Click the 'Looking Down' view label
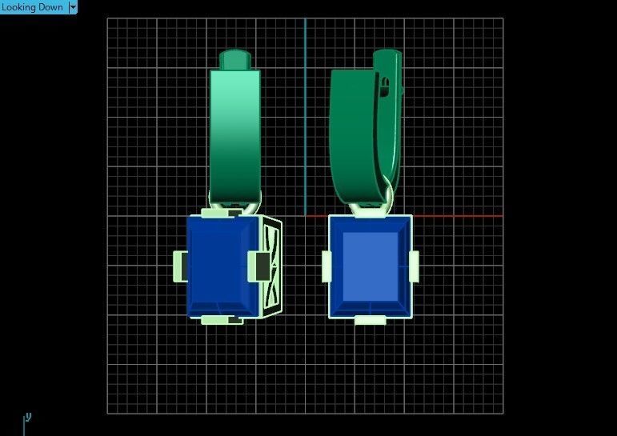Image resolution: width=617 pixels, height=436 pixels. pos(32,7)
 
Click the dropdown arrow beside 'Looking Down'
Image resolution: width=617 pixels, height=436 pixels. pos(73,7)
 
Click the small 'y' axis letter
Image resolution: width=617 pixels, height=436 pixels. pos(28,416)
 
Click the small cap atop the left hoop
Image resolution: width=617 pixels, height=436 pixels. pos(234,59)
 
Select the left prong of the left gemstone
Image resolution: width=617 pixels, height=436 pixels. pos(180,266)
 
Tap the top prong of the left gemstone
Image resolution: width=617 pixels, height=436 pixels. pos(220,213)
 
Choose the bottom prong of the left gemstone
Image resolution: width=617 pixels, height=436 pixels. pos(220,320)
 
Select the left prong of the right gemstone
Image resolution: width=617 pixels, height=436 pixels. pos(327,266)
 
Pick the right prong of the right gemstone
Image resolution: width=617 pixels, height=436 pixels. pos(414,266)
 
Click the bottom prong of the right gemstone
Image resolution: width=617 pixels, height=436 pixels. pos(370,320)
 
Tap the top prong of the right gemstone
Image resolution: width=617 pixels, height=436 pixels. pos(369,211)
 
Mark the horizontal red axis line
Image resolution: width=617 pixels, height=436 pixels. pos(456,216)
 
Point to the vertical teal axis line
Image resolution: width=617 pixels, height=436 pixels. pos(305,120)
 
